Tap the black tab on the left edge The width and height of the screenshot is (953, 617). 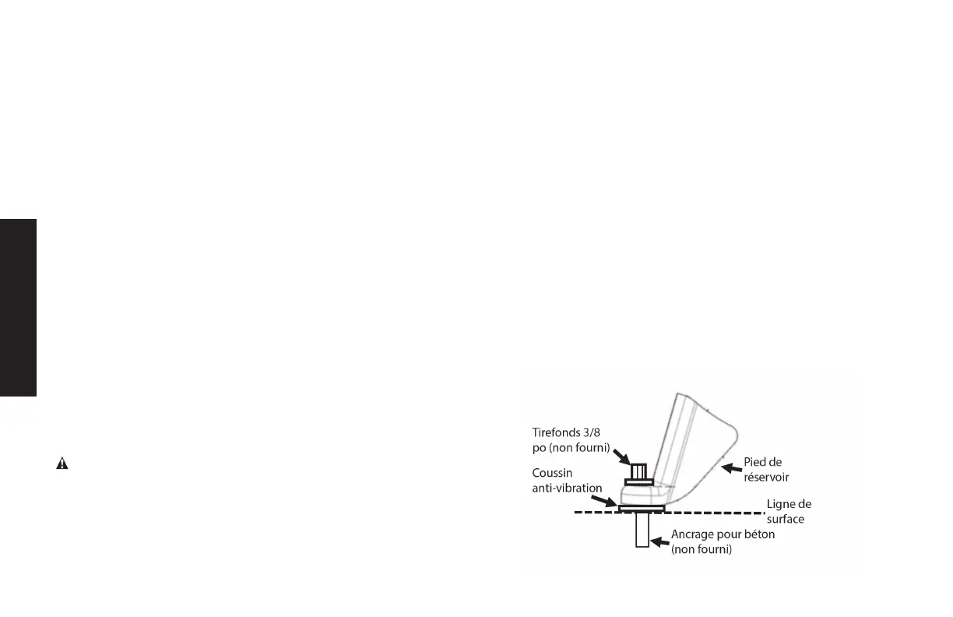pos(18,308)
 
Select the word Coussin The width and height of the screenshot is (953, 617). pos(554,473)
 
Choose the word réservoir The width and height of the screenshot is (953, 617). pos(769,476)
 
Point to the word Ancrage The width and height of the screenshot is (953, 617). pos(693,535)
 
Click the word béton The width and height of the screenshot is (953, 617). pos(758,535)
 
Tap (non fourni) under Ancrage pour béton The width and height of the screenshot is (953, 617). pos(702,549)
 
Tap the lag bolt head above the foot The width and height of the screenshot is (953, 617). pos(638,472)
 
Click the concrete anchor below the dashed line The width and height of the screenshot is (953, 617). pos(642,530)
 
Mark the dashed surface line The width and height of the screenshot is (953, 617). pos(701,513)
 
